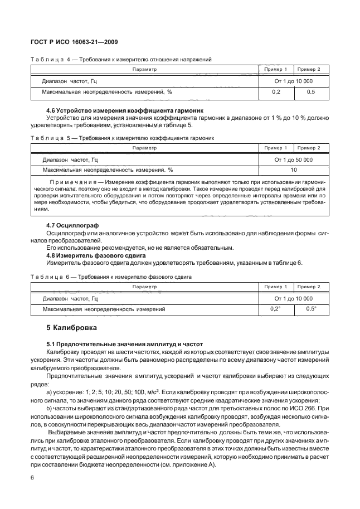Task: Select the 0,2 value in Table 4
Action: tap(275, 91)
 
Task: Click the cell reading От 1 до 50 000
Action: tap(293, 159)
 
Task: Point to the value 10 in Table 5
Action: tap(293, 170)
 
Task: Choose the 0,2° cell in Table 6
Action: tap(275, 309)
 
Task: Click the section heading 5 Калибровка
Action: tap(71, 327)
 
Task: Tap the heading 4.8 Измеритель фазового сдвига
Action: tap(96, 255)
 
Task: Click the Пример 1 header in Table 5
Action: tap(275, 148)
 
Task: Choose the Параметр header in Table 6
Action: tap(145, 287)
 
